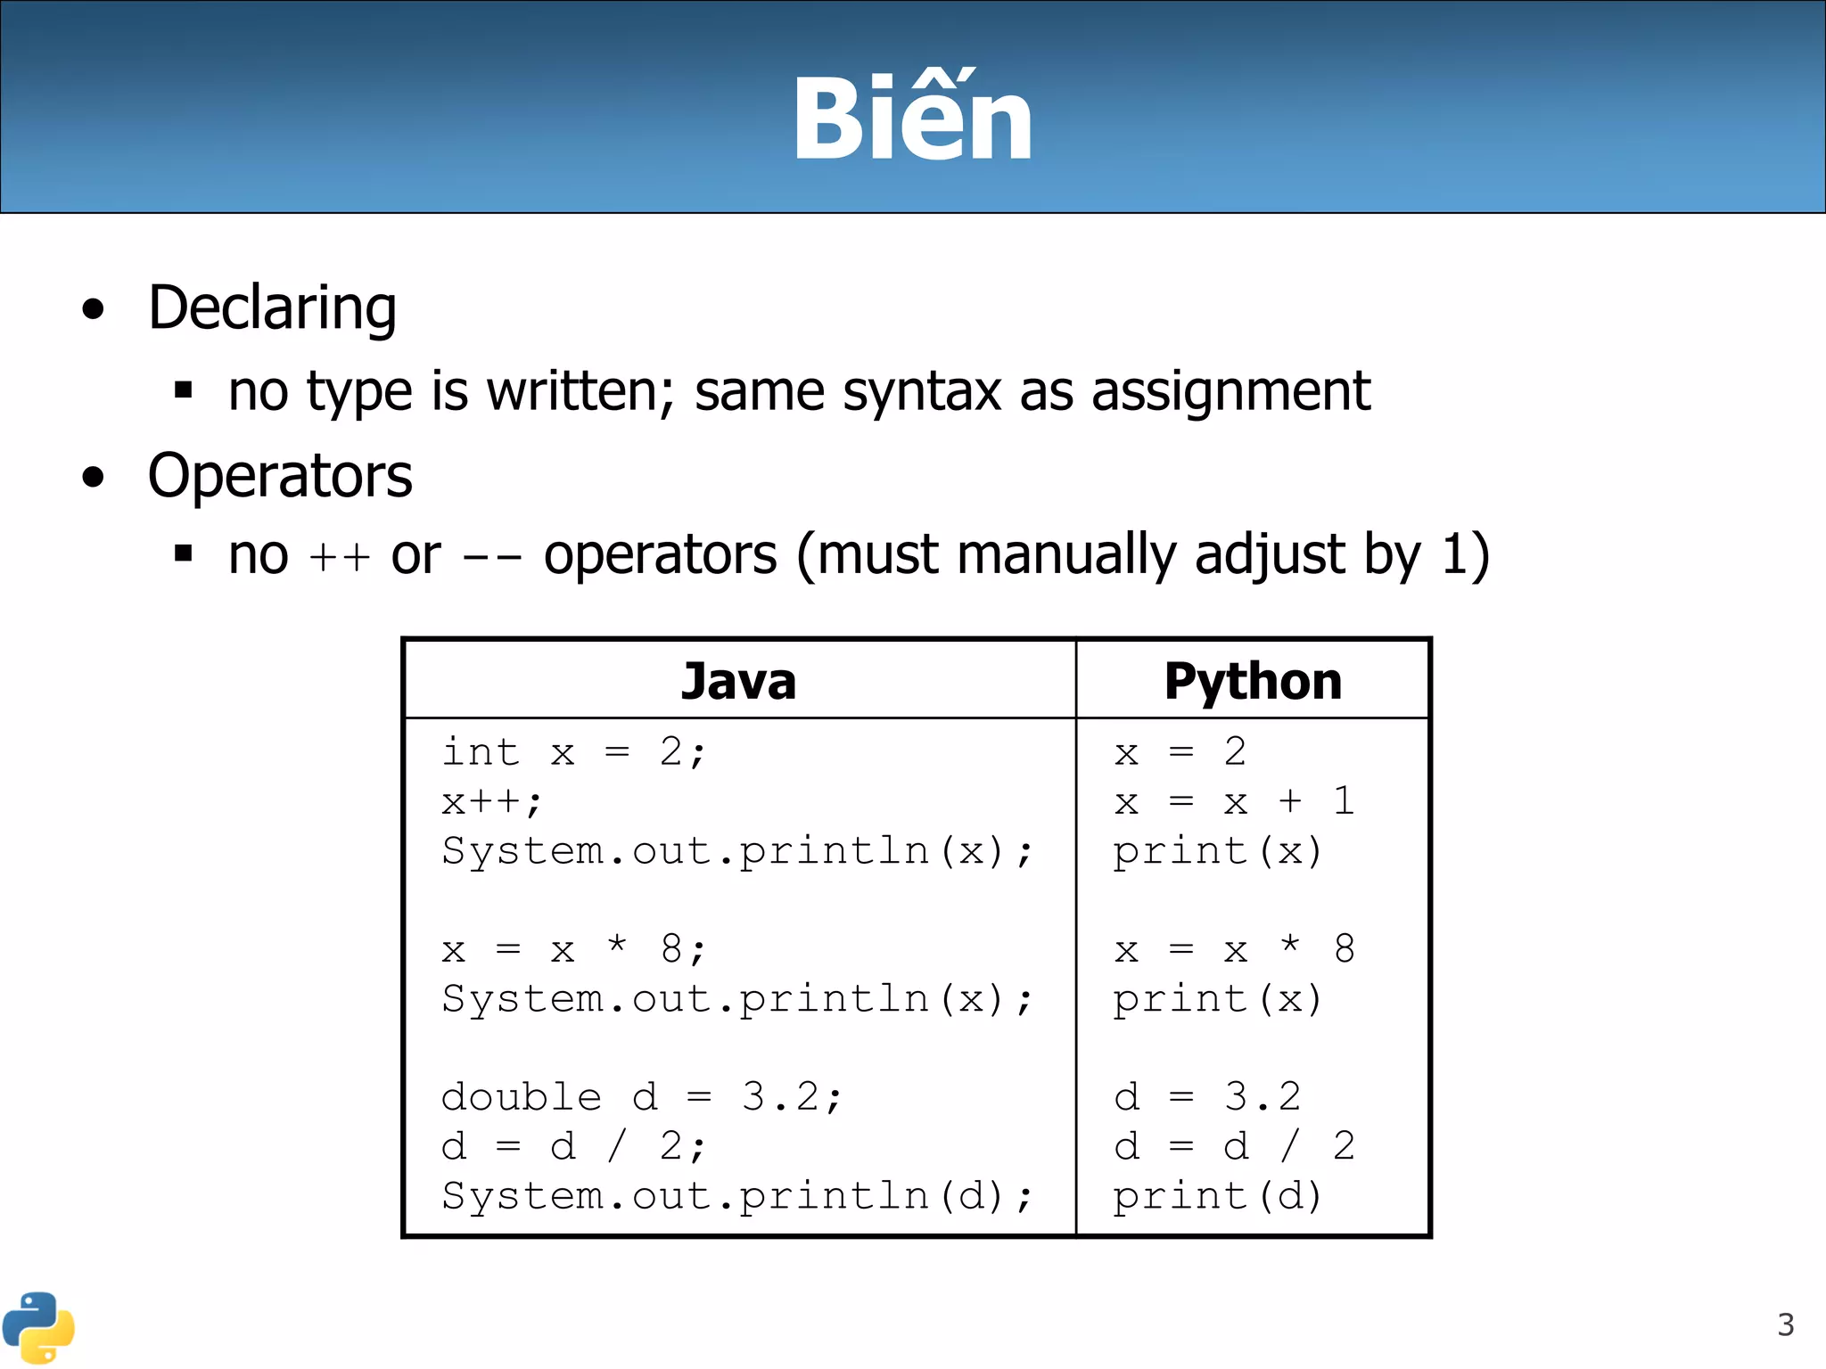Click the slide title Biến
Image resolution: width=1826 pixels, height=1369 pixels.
[x=913, y=119]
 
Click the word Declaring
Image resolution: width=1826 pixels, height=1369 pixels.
[x=272, y=308]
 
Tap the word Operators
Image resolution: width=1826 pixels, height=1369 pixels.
[x=280, y=476]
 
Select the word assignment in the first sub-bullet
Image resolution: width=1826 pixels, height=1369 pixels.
[x=1230, y=391]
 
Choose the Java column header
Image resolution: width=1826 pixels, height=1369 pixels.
[x=738, y=681]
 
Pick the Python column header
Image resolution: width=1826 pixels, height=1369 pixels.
[x=1253, y=681]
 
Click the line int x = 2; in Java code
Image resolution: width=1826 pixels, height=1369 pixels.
[x=574, y=752]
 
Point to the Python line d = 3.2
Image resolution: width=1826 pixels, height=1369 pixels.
[x=1208, y=1097]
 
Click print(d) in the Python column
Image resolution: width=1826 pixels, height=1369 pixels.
[x=1217, y=1196]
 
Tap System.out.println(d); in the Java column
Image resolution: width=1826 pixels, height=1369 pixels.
[x=737, y=1196]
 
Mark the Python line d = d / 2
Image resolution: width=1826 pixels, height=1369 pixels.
[x=1235, y=1146]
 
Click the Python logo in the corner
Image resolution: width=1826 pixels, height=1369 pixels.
[x=38, y=1327]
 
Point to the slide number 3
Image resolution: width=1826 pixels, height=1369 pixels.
[x=1785, y=1325]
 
